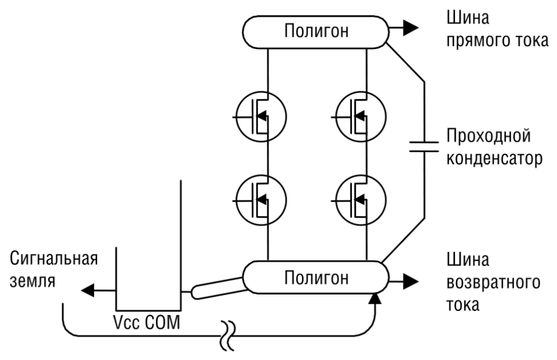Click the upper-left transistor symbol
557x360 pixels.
(x=261, y=116)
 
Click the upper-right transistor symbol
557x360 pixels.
(x=360, y=116)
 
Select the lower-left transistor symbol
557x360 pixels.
(x=261, y=200)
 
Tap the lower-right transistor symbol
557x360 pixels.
(x=360, y=200)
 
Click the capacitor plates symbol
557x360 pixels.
(x=424, y=146)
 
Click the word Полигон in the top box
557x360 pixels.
(x=316, y=31)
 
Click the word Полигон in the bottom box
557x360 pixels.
(x=316, y=278)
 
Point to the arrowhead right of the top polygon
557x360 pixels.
(x=411, y=28)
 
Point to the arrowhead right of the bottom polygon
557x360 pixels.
(x=411, y=281)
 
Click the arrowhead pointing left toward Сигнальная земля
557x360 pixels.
(x=88, y=290)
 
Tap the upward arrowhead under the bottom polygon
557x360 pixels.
(x=375, y=299)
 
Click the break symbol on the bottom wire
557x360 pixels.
(x=228, y=336)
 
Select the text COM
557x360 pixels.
(x=163, y=323)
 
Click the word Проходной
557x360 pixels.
(x=489, y=136)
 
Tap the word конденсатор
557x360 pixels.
(x=494, y=158)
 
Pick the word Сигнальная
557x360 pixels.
(x=53, y=259)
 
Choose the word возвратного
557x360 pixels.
(x=493, y=283)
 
